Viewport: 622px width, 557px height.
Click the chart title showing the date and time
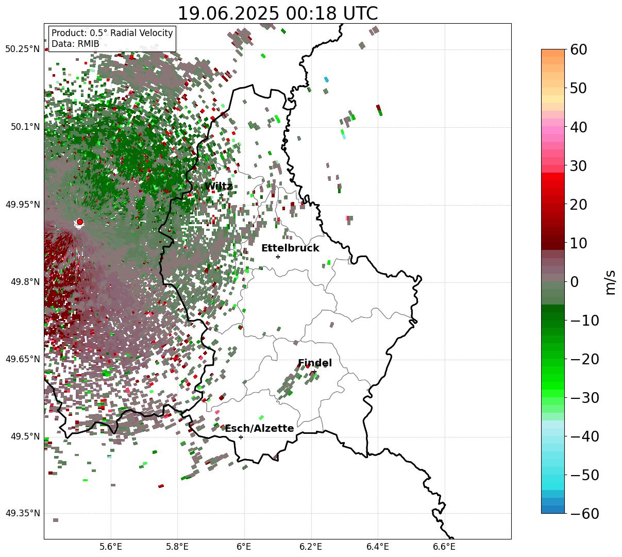(277, 13)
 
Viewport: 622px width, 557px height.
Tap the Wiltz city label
(218, 187)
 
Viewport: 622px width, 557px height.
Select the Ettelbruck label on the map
(290, 248)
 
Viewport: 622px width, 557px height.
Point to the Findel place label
(315, 363)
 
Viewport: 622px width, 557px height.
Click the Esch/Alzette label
(259, 429)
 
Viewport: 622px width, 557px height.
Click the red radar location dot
(79, 222)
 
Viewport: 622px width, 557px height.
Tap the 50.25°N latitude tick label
(22, 49)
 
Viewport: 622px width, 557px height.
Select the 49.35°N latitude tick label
(22, 513)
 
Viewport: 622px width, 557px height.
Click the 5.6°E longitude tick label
(111, 546)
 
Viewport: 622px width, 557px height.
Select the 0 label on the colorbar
(574, 282)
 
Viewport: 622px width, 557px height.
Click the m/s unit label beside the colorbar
(611, 283)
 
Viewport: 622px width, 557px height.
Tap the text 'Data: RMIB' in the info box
(75, 44)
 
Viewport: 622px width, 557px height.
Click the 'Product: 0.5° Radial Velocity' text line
(112, 33)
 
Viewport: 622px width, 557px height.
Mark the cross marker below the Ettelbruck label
(278, 257)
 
